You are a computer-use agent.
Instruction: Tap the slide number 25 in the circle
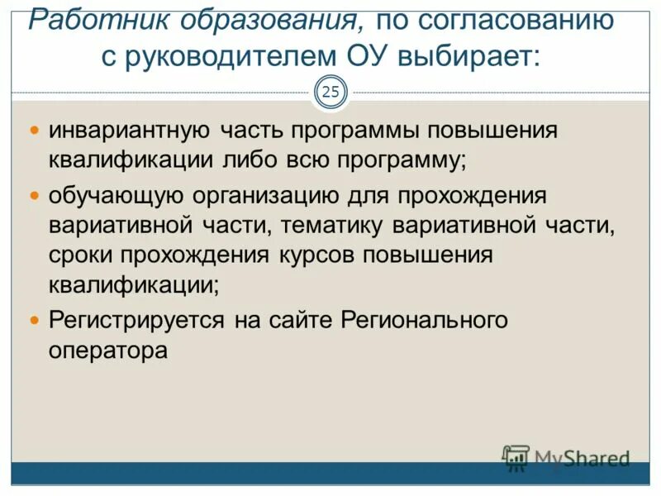(330, 92)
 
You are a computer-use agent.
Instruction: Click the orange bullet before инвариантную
(35, 131)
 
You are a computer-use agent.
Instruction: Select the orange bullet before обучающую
(35, 196)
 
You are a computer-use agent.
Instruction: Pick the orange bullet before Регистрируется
(35, 318)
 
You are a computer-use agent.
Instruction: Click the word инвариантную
(131, 131)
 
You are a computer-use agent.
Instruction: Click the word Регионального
(423, 320)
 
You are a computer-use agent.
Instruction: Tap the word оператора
(107, 349)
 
